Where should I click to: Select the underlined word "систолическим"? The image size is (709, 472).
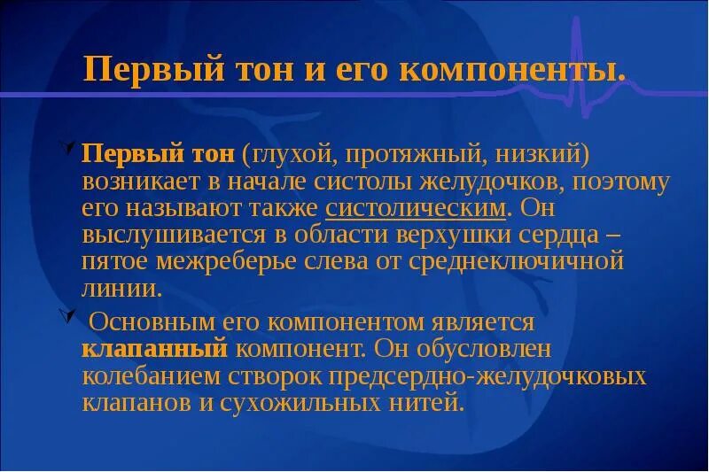tap(417, 209)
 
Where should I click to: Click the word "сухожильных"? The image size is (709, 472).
tap(340, 402)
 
